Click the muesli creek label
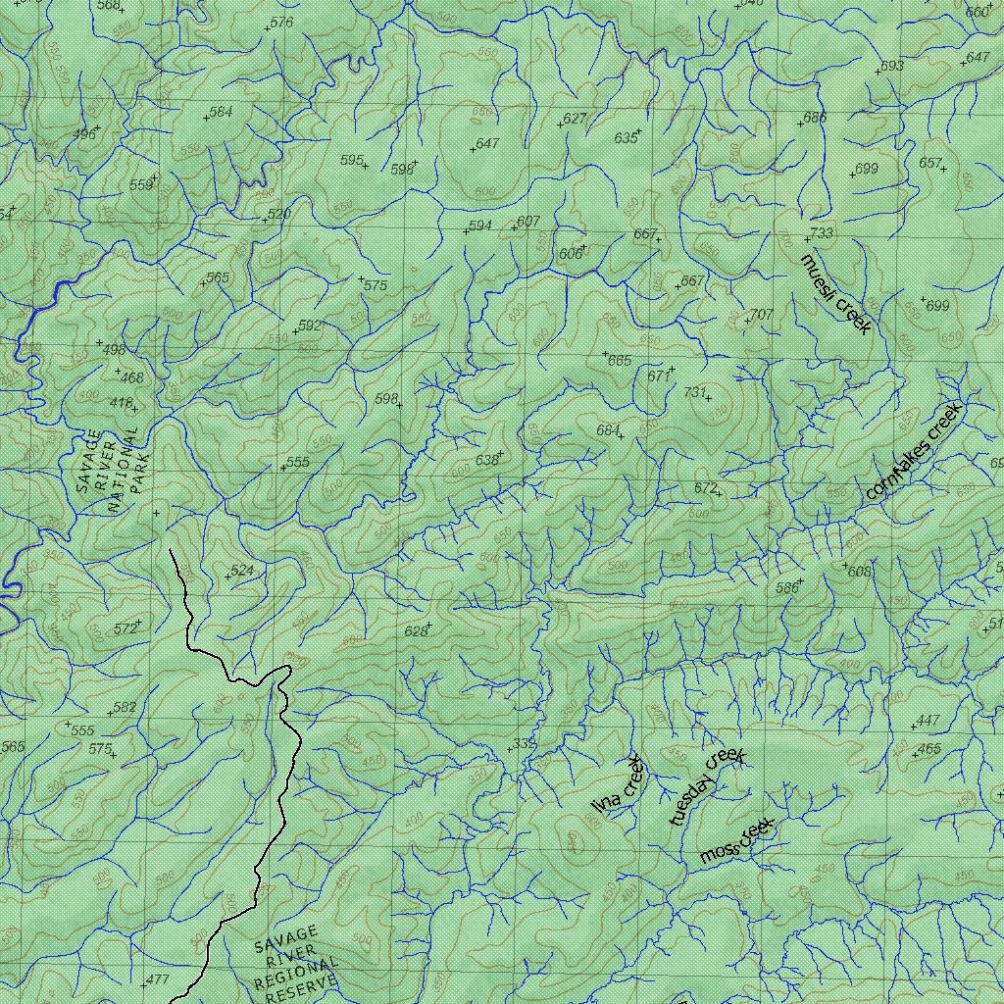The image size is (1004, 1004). tap(835, 294)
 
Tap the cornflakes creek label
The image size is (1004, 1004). tap(915, 450)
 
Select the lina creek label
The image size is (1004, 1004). tap(617, 784)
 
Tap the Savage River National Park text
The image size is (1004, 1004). tap(110, 473)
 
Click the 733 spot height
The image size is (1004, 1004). tap(820, 233)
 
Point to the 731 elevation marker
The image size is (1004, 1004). tap(695, 392)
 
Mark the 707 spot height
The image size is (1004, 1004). tap(761, 315)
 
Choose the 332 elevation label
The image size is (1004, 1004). tap(525, 744)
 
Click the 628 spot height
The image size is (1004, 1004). tap(416, 631)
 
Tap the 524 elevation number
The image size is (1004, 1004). tap(241, 570)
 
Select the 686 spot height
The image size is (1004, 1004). tap(815, 118)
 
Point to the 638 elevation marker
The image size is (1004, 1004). tap(487, 460)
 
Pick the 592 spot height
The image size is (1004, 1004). tap(310, 325)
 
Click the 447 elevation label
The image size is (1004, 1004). tap(927, 721)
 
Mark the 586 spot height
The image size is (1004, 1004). tap(786, 588)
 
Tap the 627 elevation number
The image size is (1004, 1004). tap(574, 119)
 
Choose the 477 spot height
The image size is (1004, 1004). tap(157, 979)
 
